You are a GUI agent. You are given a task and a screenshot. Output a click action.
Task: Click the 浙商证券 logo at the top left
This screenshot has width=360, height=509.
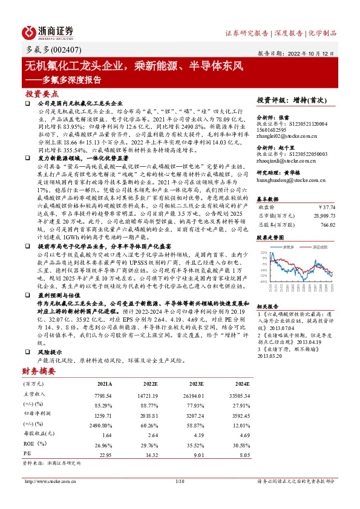[x=48, y=32]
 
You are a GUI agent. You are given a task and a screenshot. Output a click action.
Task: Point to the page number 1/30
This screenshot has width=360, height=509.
[x=179, y=481]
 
